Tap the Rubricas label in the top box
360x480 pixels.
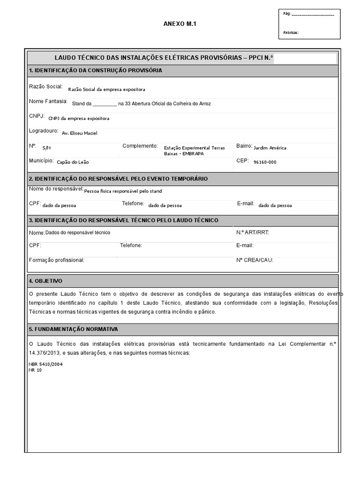(x=291, y=33)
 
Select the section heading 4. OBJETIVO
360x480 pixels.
(x=45, y=281)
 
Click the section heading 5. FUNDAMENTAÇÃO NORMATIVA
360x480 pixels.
(x=73, y=330)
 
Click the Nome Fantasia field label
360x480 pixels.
(x=48, y=102)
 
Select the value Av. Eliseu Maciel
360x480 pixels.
(x=80, y=133)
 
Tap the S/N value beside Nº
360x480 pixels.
(x=46, y=148)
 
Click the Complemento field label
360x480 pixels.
(x=140, y=146)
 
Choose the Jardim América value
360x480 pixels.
(x=270, y=148)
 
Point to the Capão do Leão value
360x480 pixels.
(x=73, y=162)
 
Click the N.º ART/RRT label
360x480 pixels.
(x=253, y=232)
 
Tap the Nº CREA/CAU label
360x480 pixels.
(x=255, y=260)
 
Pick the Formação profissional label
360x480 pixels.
(x=56, y=260)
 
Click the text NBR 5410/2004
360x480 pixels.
(x=45, y=364)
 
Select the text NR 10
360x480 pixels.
(x=35, y=369)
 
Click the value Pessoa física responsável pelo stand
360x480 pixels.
(x=123, y=191)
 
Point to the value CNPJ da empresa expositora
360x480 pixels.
(x=79, y=119)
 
